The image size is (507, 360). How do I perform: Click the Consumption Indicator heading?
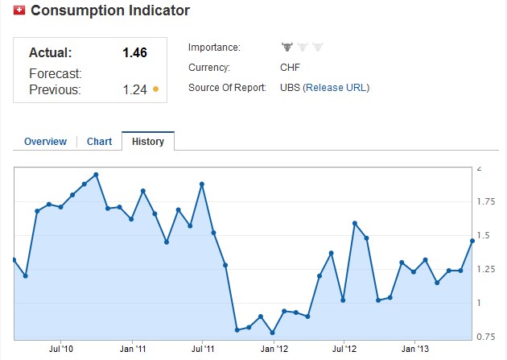click(x=110, y=10)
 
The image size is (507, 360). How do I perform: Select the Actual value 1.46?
click(x=134, y=53)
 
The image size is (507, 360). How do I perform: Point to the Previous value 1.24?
click(x=134, y=89)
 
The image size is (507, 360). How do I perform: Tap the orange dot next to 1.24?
click(x=155, y=89)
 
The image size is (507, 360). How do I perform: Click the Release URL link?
click(x=336, y=88)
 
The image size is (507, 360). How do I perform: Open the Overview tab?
click(x=45, y=142)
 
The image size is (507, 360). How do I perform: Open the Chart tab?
click(x=99, y=142)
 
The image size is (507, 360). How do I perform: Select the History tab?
click(x=148, y=142)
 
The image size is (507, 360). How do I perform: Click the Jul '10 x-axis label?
click(x=61, y=349)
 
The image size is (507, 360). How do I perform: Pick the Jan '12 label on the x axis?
click(x=274, y=349)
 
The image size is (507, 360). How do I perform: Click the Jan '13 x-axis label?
click(x=414, y=349)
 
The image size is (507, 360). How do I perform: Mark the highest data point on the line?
click(x=96, y=174)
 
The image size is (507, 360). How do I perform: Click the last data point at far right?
click(x=472, y=240)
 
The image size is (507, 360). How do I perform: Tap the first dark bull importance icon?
click(x=287, y=48)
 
